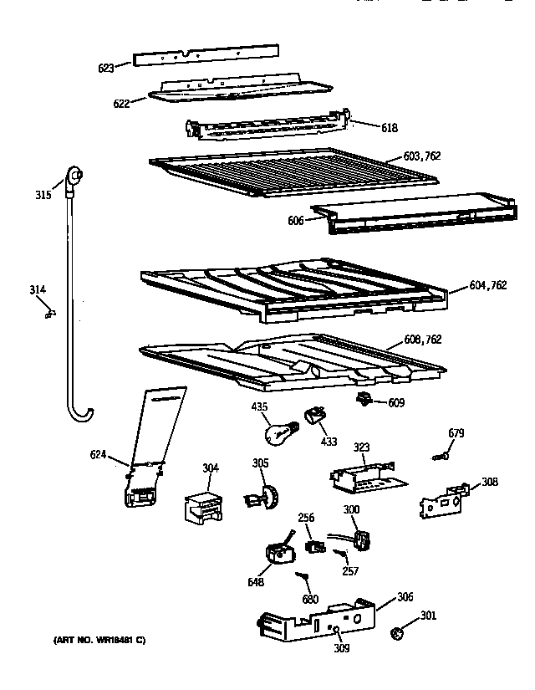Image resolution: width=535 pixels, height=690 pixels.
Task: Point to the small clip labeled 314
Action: (x=51, y=314)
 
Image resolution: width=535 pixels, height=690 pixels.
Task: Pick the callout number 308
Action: (x=490, y=482)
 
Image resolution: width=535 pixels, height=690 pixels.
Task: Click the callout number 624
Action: (x=98, y=455)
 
